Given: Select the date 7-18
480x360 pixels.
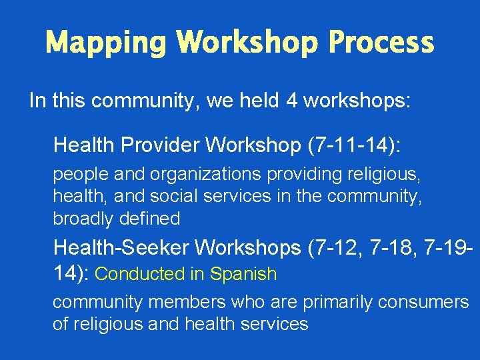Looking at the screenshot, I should tap(397, 248).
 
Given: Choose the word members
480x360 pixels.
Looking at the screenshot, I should tap(184, 302).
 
